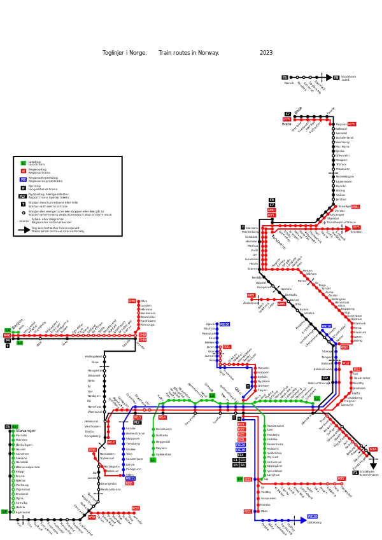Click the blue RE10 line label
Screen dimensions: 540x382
pos(327,326)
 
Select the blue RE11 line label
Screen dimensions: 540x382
pos(131,478)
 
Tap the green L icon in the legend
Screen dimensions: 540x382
pos(24,163)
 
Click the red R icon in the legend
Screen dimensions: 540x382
pos(24,171)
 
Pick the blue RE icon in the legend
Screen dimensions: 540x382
pos(24,179)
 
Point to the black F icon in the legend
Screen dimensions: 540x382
pos(24,188)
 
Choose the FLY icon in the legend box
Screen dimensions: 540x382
pos(23,197)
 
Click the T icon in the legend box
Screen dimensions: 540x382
pos(24,204)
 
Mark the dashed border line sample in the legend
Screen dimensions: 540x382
pos(24,221)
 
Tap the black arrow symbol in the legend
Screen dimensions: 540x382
pos(24,230)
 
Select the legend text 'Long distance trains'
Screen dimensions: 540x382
pos(43,190)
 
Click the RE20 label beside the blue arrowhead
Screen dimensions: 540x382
pos(312,516)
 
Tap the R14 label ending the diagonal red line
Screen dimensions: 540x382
pos(373,449)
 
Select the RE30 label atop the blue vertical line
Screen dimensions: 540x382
pos(224,324)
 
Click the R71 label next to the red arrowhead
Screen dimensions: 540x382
pos(357,227)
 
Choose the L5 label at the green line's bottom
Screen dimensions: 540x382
pos(4,511)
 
